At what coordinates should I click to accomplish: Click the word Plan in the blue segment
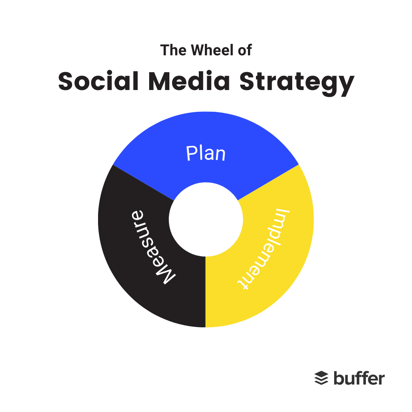click(x=206, y=153)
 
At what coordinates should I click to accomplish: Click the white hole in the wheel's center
click(x=206, y=219)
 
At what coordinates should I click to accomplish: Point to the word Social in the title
click(x=98, y=81)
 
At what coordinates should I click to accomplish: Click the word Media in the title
click(x=189, y=81)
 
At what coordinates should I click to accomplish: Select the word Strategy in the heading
click(x=297, y=83)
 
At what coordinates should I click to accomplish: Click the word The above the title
click(x=174, y=50)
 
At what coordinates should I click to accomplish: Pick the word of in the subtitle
click(x=245, y=50)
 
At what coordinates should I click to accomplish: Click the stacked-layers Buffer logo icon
click(x=321, y=378)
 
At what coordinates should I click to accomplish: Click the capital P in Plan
click(x=192, y=153)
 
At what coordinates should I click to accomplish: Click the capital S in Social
click(x=66, y=81)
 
